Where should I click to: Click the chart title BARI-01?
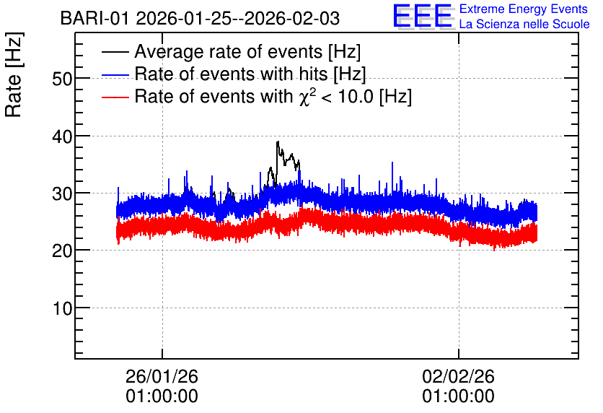pyautogui.click(x=94, y=19)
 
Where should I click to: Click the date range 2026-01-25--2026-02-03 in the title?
pyautogui.click(x=237, y=19)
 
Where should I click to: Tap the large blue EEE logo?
pyautogui.click(x=423, y=16)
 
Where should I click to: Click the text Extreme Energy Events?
pyautogui.click(x=524, y=9)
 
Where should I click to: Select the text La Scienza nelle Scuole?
pyautogui.click(x=524, y=24)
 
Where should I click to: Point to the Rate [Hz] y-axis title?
pyautogui.click(x=14, y=74)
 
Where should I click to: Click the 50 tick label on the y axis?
pyautogui.click(x=62, y=79)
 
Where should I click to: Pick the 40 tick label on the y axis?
pyautogui.click(x=62, y=136)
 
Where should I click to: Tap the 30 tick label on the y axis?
pyautogui.click(x=62, y=194)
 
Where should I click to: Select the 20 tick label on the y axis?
pyautogui.click(x=62, y=251)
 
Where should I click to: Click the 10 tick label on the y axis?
pyautogui.click(x=62, y=309)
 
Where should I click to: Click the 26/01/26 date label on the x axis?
pyautogui.click(x=162, y=376)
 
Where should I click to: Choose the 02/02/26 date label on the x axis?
pyautogui.click(x=459, y=376)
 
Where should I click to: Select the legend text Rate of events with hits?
pyautogui.click(x=250, y=74)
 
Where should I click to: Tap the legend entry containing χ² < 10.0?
pyautogui.click(x=273, y=96)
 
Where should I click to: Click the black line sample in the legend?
pyautogui.click(x=115, y=52)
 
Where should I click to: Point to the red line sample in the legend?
pyautogui.click(x=115, y=97)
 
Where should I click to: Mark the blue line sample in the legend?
pyautogui.click(x=115, y=74)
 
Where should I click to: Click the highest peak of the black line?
pyautogui.click(x=277, y=142)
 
